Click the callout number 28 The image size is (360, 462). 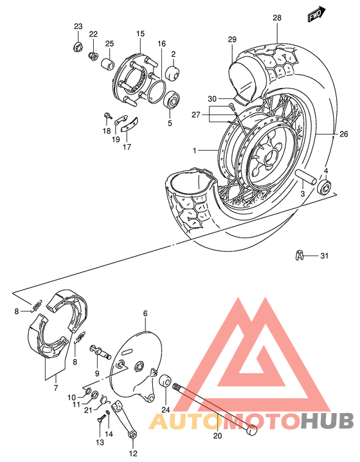[x=277, y=18]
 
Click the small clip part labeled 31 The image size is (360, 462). [x=300, y=255]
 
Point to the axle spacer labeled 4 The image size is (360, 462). [x=324, y=189]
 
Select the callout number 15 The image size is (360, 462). [x=140, y=33]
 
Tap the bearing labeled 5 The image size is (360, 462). [x=172, y=100]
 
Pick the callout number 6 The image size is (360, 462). [x=145, y=313]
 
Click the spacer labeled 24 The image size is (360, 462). [x=165, y=380]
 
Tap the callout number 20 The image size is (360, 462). [x=217, y=436]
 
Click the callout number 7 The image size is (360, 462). [x=55, y=387]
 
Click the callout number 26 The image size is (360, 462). [x=343, y=134]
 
